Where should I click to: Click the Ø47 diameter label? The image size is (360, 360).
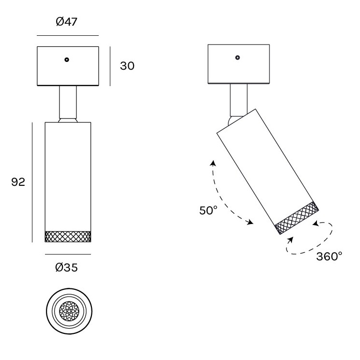pyautogui.click(x=67, y=22)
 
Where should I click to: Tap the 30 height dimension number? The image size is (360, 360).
pyautogui.click(x=127, y=66)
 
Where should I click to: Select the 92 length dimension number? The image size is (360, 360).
pyautogui.click(x=18, y=182)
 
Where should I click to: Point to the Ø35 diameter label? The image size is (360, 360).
pyautogui.click(x=67, y=268)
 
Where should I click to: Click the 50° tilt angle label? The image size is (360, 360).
pyautogui.click(x=208, y=210)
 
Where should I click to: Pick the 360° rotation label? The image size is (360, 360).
pyautogui.click(x=329, y=256)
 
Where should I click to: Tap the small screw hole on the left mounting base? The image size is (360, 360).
pyautogui.click(x=67, y=60)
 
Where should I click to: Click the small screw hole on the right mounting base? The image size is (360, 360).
pyautogui.click(x=238, y=58)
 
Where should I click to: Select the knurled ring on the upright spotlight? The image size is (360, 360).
pyautogui.click(x=68, y=237)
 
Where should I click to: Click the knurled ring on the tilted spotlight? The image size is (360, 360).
pyautogui.click(x=297, y=218)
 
